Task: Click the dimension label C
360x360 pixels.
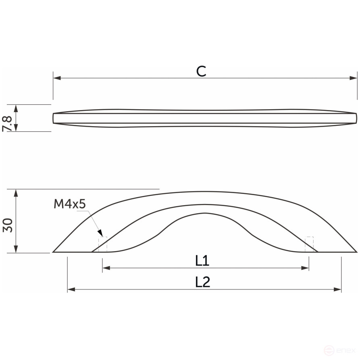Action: (x=201, y=71)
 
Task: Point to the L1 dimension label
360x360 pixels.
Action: (x=202, y=261)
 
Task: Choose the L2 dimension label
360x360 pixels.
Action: (x=202, y=282)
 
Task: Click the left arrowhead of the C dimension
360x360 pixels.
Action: (x=57, y=78)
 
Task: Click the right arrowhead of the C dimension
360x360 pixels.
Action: (x=354, y=78)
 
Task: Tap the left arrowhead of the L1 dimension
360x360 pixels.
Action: (x=106, y=267)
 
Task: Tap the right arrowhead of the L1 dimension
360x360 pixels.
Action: (x=305, y=267)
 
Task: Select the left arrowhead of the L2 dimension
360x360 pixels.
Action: (x=71, y=289)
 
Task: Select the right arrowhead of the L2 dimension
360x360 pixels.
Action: (x=338, y=289)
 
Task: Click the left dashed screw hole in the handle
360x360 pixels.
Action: (x=103, y=245)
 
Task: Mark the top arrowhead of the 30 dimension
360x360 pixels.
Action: (x=16, y=193)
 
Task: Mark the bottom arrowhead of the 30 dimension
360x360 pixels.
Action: (x=16, y=249)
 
